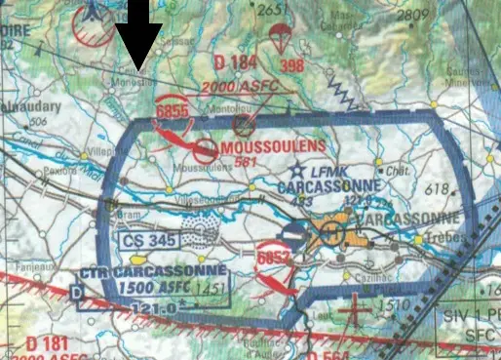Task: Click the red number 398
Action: (292, 66)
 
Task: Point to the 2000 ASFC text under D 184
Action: (240, 85)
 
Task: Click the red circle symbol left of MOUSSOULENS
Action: (206, 150)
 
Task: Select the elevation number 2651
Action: (275, 9)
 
